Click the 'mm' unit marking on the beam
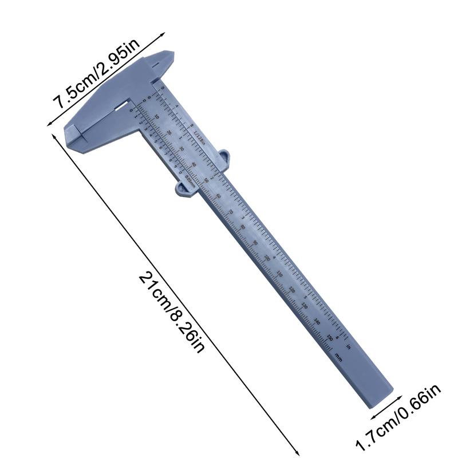(338, 358)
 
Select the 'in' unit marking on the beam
(349, 345)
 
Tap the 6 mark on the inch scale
(338, 337)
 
